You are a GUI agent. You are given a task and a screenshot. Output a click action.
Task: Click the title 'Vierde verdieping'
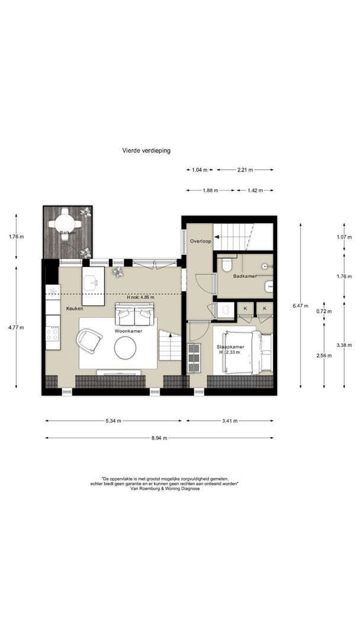146,150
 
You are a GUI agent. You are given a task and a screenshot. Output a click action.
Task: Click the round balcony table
65,223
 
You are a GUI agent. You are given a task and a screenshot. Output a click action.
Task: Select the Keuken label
75,309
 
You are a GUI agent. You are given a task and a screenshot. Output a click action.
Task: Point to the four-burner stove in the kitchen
53,333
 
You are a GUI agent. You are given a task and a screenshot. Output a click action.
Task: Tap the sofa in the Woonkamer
134,315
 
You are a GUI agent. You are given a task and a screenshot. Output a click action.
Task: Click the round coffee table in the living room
125,348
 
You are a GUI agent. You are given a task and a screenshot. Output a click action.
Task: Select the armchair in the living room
89,340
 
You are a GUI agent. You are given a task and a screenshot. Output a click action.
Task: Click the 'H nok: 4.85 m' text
140,297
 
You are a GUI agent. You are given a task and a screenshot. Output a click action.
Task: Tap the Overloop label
201,241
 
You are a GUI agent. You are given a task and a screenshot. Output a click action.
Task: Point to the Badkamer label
245,276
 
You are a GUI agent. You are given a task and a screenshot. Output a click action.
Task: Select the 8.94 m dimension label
159,438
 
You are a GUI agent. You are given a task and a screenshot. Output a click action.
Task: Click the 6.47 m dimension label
301,306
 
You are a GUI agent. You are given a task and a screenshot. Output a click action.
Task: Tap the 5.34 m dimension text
113,421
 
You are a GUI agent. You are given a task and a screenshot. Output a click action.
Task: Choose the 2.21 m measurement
245,170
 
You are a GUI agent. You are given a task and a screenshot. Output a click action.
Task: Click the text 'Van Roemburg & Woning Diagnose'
165,489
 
